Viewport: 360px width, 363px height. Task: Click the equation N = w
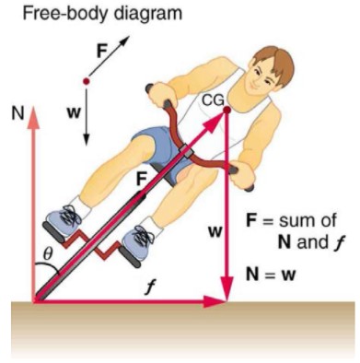click(x=276, y=273)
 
